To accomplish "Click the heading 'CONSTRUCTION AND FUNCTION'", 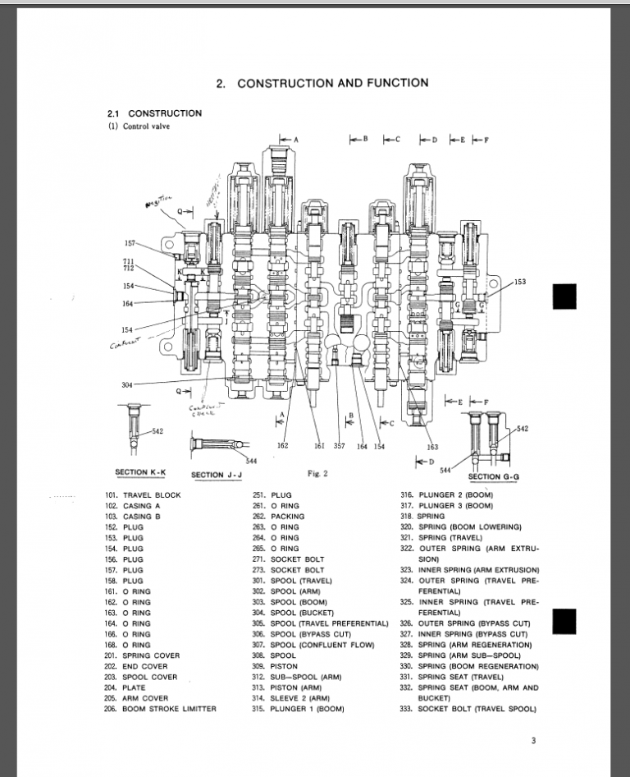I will coord(332,83).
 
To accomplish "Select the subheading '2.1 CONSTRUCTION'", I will coord(154,113).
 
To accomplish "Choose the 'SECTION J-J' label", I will coord(218,475).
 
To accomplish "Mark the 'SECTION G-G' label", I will coord(495,476).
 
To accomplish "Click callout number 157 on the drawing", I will coord(130,244).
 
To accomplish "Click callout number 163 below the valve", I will coord(432,447).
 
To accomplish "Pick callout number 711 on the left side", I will coord(129,260).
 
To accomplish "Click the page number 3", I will coord(533,741).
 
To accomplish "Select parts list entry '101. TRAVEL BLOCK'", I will coord(143,495).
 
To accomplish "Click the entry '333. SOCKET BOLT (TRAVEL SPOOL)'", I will coord(468,709).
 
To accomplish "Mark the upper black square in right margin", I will coord(564,296).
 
